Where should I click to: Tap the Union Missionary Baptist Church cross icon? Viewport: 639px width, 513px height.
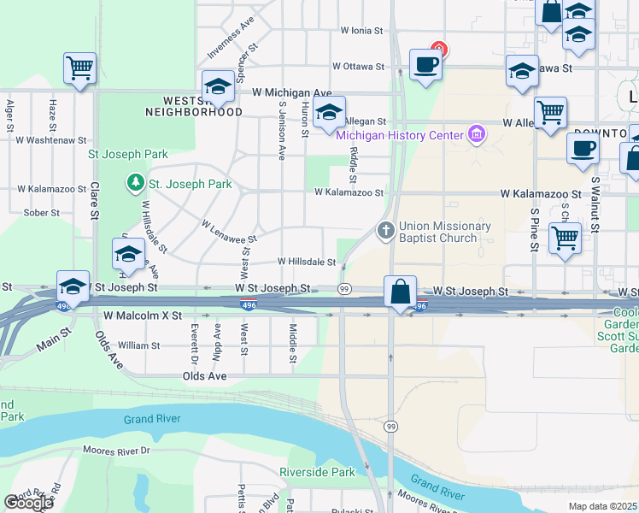(x=385, y=231)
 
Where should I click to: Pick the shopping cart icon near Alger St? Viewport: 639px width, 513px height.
(x=79, y=68)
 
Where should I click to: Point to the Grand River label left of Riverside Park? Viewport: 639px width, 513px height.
(x=151, y=419)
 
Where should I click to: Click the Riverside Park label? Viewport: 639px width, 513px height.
(x=317, y=472)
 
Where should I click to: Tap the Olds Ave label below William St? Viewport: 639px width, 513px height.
(x=205, y=375)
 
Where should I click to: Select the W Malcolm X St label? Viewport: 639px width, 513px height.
(x=143, y=315)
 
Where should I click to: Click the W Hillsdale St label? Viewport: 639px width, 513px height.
(x=307, y=262)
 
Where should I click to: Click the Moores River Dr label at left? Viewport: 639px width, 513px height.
(x=116, y=450)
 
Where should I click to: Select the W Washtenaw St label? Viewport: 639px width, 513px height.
(x=51, y=139)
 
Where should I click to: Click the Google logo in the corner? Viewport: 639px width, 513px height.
(x=28, y=502)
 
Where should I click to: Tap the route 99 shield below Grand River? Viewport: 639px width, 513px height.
(x=390, y=426)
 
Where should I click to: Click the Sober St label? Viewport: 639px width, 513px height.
(x=41, y=212)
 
